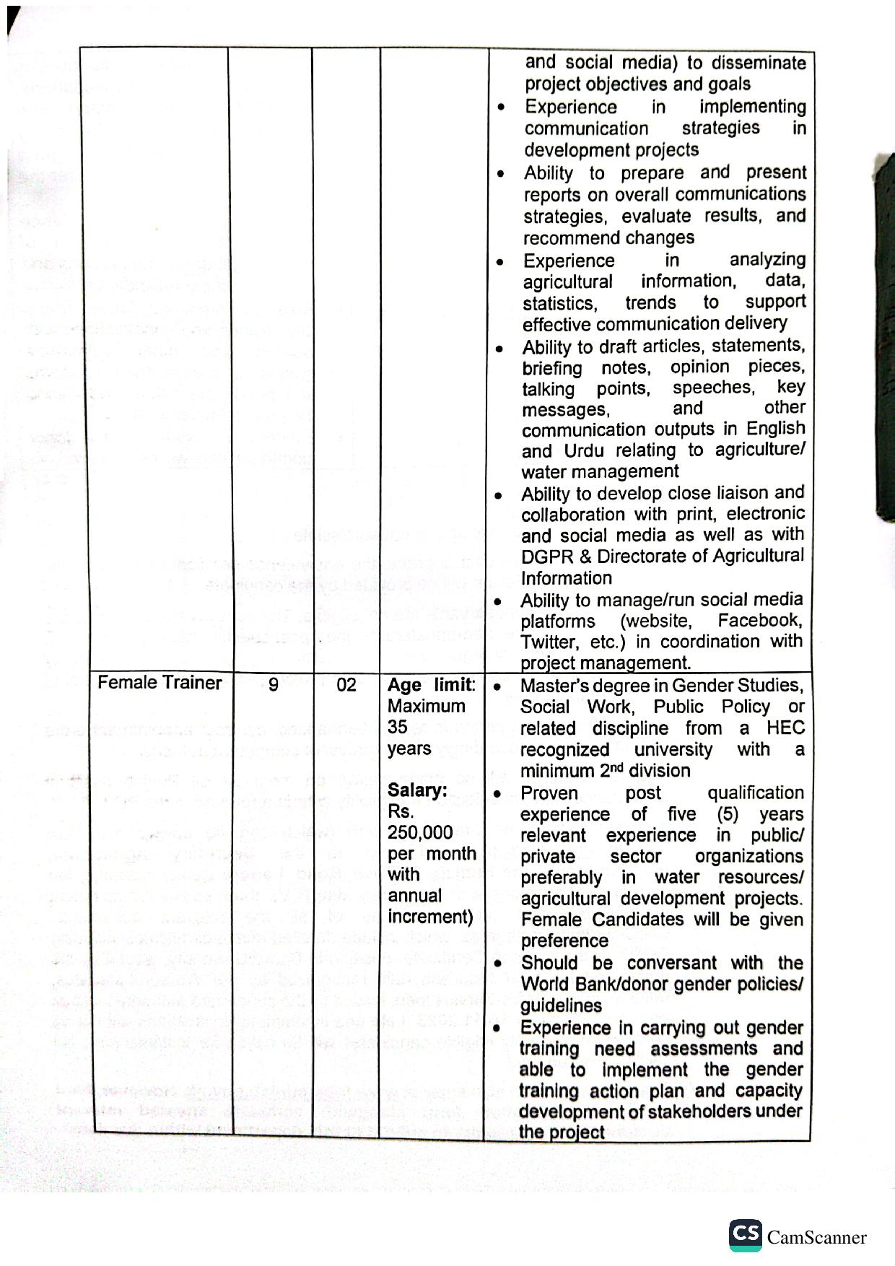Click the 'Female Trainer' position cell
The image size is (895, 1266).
pyautogui.click(x=160, y=683)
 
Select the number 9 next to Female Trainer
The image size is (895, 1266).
pyautogui.click(x=273, y=684)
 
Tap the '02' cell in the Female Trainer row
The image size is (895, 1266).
pyautogui.click(x=346, y=684)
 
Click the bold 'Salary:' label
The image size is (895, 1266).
pyautogui.click(x=417, y=790)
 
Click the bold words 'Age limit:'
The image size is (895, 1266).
pyautogui.click(x=432, y=684)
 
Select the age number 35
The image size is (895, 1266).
pyautogui.click(x=397, y=727)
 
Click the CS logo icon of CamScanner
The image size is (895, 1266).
pyautogui.click(x=745, y=1235)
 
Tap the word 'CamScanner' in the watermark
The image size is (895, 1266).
pyautogui.click(x=816, y=1238)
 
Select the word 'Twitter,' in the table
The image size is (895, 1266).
pyautogui.click(x=549, y=642)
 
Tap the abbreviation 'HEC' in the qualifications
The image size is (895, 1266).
pyautogui.click(x=785, y=728)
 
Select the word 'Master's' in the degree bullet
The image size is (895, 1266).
pyautogui.click(x=551, y=686)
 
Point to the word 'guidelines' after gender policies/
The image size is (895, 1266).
pyautogui.click(x=561, y=1005)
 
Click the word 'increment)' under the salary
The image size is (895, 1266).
pyautogui.click(x=430, y=917)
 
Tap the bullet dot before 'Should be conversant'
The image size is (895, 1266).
pyautogui.click(x=497, y=964)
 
